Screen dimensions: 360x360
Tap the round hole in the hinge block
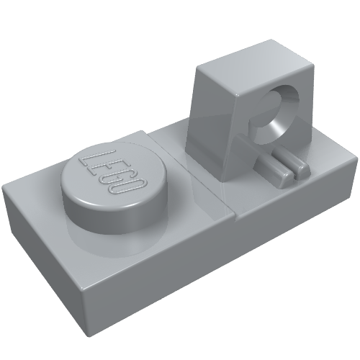click(x=276, y=114)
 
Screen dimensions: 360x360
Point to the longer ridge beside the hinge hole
click(x=264, y=158)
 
